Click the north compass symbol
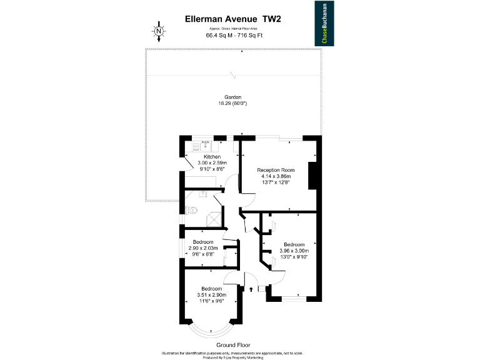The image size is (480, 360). [x=159, y=31]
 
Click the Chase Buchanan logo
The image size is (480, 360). [x=323, y=23]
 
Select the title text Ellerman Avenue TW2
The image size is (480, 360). [x=233, y=19]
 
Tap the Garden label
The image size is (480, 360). [x=233, y=97]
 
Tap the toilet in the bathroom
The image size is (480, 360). [x=191, y=211]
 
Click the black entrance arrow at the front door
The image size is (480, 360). [x=251, y=289]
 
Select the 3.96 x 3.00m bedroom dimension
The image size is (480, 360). [x=294, y=251]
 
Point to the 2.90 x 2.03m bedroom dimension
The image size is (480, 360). [x=203, y=248]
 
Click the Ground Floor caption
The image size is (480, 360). [x=233, y=345]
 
